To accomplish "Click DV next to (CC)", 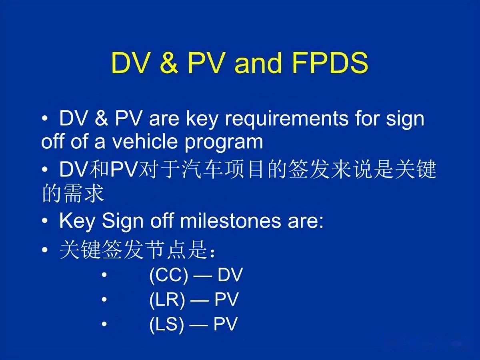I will [x=230, y=276].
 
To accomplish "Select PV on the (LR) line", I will [x=226, y=300].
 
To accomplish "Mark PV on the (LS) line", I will [x=226, y=324].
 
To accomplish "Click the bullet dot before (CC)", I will [x=104, y=276].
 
